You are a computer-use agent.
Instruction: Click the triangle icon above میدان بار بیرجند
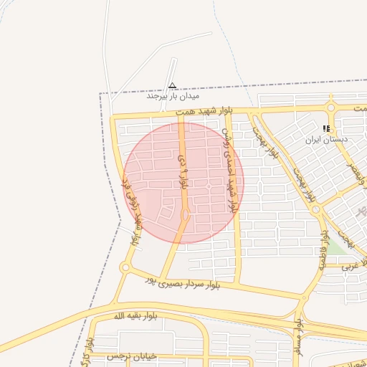172,85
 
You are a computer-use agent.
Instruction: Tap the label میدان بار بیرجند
173,95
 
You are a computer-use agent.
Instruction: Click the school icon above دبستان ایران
326,129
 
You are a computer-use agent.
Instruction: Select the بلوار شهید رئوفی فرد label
136,216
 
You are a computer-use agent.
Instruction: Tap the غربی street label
350,265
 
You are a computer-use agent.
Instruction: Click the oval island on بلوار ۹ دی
186,215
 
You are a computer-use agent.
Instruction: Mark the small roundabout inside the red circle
208,186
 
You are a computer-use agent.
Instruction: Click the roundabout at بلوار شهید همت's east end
330,108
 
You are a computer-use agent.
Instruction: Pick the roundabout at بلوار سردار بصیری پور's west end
125,268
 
